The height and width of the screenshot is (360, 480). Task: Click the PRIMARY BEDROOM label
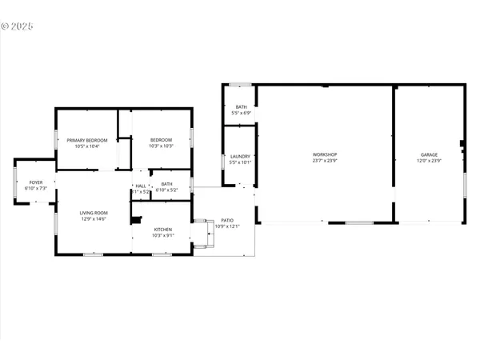click(x=87, y=140)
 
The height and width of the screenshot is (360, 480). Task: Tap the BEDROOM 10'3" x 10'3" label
click(x=161, y=140)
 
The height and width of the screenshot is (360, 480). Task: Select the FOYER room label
click(x=36, y=182)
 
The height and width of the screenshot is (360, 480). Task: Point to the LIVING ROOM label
click(x=93, y=212)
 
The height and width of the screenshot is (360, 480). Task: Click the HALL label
click(x=141, y=186)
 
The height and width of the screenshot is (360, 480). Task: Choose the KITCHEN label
click(x=162, y=229)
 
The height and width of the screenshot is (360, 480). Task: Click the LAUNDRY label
click(x=240, y=156)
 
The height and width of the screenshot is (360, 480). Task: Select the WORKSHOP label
click(x=324, y=154)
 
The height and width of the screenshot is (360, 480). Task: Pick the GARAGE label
click(x=430, y=154)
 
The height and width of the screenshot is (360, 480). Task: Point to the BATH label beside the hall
click(x=166, y=184)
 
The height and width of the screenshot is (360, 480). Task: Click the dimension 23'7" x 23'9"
click(x=324, y=160)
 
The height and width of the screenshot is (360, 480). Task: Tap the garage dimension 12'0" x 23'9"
click(x=430, y=160)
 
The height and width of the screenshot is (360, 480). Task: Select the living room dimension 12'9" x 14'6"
click(x=93, y=218)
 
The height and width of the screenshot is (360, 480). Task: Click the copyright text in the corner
click(x=17, y=26)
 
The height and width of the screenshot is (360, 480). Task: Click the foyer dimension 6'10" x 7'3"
click(x=36, y=189)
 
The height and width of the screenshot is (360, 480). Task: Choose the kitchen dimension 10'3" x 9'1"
click(x=162, y=235)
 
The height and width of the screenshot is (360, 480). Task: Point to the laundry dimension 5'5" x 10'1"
click(x=240, y=162)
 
